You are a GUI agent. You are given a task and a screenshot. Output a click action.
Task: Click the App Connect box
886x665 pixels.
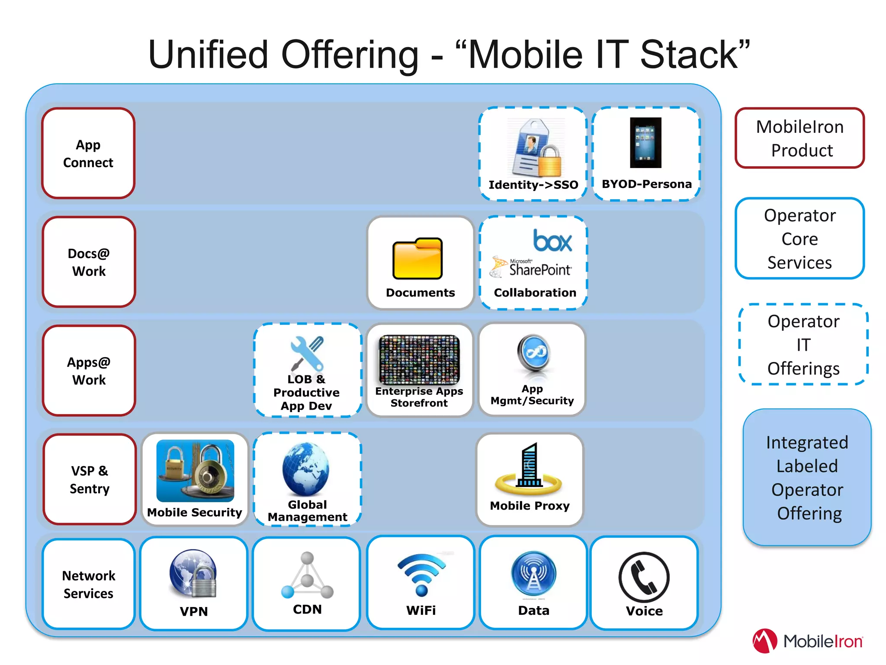(x=88, y=153)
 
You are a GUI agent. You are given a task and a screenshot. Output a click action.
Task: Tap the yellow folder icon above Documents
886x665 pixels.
(x=417, y=258)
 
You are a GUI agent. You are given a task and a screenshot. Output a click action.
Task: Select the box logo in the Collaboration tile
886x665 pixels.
(x=552, y=241)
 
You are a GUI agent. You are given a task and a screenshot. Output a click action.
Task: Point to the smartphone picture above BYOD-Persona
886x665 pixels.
(x=645, y=142)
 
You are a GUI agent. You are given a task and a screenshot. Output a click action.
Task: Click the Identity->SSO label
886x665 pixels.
(x=533, y=185)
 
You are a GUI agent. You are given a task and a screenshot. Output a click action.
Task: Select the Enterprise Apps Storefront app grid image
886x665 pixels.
(x=419, y=359)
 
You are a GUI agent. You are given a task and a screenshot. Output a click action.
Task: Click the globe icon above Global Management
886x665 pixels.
(x=306, y=469)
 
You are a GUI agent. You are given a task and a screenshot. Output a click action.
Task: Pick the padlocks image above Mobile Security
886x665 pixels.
(x=195, y=471)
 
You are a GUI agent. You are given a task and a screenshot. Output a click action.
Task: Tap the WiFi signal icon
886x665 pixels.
(x=421, y=574)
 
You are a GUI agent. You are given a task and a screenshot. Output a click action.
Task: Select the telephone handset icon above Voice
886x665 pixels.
(x=644, y=577)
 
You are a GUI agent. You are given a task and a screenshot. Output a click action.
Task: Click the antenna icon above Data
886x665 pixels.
(x=533, y=574)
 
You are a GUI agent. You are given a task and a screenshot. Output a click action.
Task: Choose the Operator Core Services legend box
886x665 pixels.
(x=799, y=239)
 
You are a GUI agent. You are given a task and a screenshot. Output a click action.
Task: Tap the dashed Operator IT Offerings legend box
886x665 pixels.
(x=803, y=345)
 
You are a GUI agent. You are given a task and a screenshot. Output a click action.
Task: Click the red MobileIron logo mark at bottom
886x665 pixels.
(x=764, y=641)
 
